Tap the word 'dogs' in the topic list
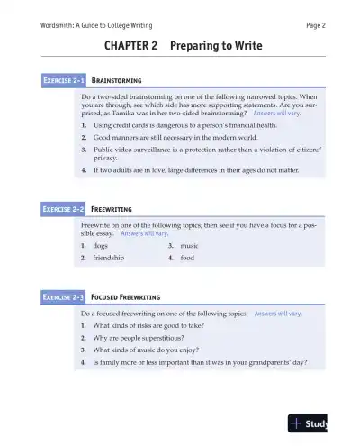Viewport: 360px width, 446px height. coord(101,245)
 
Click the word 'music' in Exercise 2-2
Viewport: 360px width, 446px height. coord(189,245)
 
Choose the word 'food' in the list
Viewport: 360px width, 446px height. coord(187,258)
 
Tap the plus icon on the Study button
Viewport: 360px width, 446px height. coord(296,423)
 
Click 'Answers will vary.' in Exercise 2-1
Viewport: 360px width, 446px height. coord(283,114)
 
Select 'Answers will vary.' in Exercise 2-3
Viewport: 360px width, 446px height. coord(278,313)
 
